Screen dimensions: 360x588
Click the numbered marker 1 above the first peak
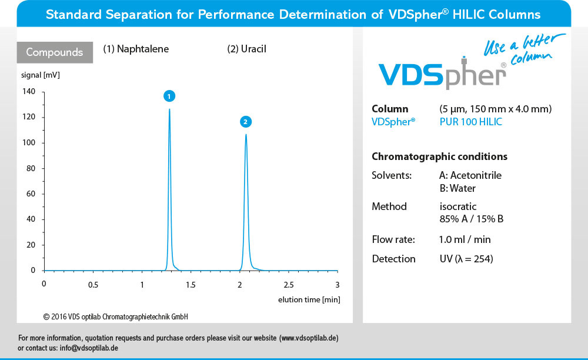(x=169, y=96)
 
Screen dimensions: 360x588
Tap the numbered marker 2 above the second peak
(x=246, y=122)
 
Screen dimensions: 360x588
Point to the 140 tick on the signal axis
(x=29, y=91)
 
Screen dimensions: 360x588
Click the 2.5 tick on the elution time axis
(x=289, y=285)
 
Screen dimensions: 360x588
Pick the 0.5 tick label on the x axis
(x=93, y=285)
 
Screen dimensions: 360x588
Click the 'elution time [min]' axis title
(x=309, y=300)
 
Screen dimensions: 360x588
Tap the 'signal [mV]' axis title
(x=40, y=75)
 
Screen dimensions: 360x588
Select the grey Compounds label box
(x=55, y=52)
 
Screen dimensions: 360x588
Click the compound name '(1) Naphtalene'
(x=136, y=49)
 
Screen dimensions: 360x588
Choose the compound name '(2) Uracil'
(x=246, y=49)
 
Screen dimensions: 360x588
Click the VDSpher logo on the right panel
(x=442, y=75)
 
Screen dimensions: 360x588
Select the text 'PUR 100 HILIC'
(x=471, y=122)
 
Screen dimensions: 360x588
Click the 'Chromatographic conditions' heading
(x=439, y=157)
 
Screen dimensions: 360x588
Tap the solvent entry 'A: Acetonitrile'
(x=470, y=175)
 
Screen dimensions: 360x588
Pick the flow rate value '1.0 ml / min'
(x=465, y=239)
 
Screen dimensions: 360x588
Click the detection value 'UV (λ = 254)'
(x=466, y=259)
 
